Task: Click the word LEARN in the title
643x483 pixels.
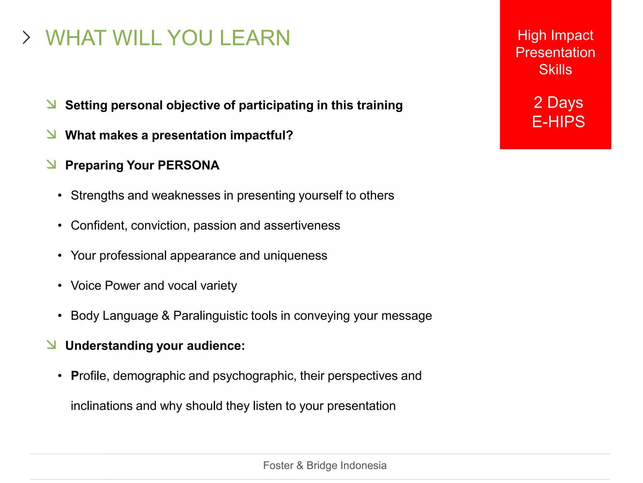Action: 255,38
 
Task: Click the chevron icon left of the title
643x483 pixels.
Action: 27,37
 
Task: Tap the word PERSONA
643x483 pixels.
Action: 188,165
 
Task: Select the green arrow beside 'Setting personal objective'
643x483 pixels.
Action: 51,104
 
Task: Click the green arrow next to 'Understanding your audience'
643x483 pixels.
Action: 51,344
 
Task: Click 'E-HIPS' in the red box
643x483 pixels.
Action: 558,122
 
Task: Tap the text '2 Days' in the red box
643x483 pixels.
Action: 558,103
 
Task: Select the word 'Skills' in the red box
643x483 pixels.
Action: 555,69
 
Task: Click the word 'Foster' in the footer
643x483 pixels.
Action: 278,465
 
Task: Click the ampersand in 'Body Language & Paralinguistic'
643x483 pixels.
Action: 165,316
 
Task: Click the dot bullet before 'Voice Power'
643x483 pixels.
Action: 60,286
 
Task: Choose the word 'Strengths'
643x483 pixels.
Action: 97,196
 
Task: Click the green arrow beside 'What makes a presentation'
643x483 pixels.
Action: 51,134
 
